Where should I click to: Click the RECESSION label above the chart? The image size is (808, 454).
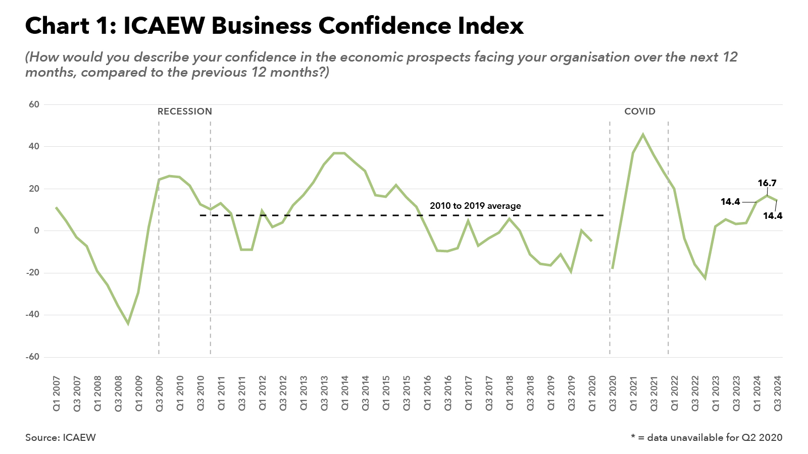(184, 111)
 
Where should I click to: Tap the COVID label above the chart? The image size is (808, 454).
(639, 111)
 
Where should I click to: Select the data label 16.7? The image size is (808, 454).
(767, 183)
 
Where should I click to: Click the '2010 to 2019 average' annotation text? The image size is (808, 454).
(475, 206)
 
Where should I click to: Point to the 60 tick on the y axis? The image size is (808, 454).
(34, 104)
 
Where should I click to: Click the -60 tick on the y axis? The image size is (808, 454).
(32, 357)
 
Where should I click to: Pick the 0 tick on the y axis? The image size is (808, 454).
(36, 231)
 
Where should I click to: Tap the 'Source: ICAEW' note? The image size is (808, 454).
(60, 437)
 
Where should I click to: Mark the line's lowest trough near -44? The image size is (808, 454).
(128, 323)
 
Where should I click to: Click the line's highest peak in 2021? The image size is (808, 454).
(643, 134)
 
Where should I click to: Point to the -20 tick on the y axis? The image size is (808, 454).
(32, 273)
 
